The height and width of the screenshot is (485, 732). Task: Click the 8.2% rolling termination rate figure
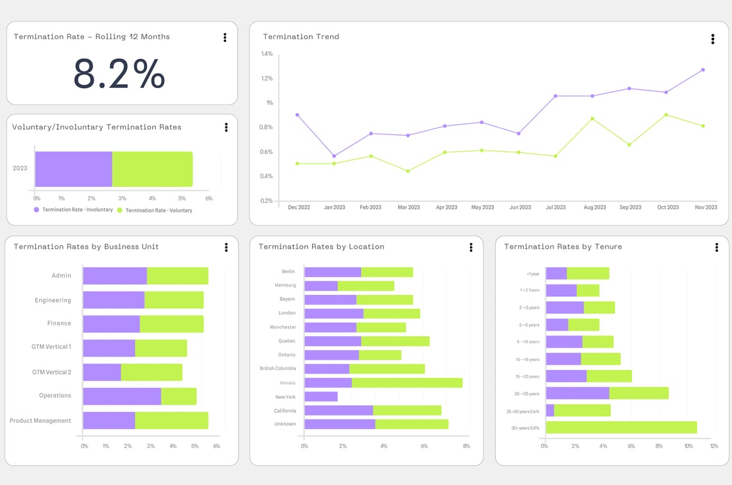pos(119,73)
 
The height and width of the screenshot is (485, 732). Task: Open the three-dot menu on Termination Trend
pos(712,39)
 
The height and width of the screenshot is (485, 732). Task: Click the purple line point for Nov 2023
pos(702,70)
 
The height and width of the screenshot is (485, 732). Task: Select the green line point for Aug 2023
pos(592,119)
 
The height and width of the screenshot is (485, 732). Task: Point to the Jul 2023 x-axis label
pos(555,207)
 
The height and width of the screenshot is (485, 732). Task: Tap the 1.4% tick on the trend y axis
pos(266,54)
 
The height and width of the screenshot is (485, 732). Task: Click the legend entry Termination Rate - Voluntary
pos(158,211)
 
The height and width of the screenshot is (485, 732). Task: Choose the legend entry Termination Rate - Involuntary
pos(77,210)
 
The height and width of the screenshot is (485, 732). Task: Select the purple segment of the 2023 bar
pos(73,170)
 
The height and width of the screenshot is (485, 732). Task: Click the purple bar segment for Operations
pos(122,396)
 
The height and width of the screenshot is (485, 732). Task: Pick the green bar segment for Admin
pos(177,276)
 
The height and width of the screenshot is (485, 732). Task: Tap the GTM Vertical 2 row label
pos(51,373)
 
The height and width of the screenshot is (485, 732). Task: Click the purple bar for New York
pos(320,397)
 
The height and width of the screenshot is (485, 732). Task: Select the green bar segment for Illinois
pos(406,383)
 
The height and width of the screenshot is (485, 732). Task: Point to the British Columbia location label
pos(277,369)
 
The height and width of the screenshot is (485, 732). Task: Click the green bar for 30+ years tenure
pos(621,428)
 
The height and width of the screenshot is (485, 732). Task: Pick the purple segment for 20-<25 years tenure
pos(577,393)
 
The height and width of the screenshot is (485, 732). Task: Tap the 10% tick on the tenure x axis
pos(688,446)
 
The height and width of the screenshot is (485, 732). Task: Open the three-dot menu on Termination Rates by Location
pos(471,247)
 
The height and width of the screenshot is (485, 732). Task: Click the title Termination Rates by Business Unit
pos(86,247)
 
